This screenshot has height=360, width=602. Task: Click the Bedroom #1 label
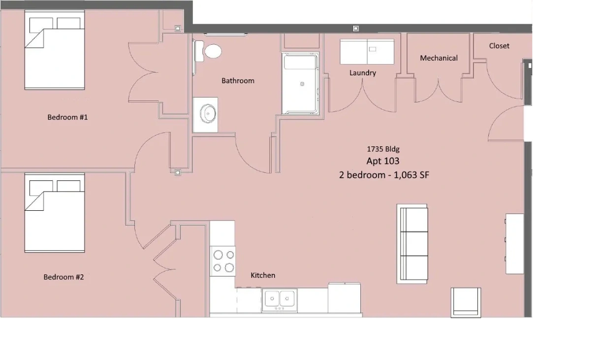67,117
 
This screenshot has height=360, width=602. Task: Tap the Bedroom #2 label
63,277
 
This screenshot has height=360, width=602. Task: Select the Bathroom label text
238,81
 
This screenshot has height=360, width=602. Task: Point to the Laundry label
363,73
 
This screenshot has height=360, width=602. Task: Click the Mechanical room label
439,58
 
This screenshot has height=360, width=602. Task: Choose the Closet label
499,46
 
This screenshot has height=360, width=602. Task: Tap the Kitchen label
263,275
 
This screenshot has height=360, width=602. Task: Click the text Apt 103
383,161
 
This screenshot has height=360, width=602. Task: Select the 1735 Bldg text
383,149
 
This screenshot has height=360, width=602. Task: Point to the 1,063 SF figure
412,175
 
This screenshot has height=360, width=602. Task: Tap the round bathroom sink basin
208,114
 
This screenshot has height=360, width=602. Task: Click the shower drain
302,84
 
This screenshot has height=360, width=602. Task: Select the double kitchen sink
280,300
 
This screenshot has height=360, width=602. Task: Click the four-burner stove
223,261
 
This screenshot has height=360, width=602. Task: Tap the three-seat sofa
412,244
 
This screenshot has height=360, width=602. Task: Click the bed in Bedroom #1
55,50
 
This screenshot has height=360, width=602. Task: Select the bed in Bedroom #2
55,213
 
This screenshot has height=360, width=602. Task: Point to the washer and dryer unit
367,52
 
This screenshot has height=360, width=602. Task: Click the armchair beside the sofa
466,302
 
